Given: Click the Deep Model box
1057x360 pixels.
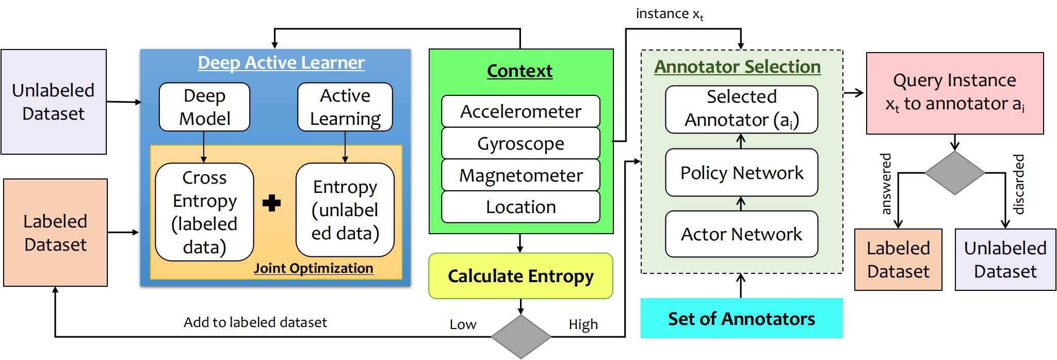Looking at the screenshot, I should [204, 107].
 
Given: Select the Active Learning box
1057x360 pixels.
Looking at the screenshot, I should [345, 107].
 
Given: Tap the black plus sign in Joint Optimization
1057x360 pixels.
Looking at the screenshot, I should [271, 203].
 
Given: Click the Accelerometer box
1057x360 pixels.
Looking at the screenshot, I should [521, 111].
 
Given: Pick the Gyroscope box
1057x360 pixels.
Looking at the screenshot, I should [521, 143].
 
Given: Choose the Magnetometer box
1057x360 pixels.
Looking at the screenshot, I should [521, 175].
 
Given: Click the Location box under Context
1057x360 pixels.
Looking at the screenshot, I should [521, 207].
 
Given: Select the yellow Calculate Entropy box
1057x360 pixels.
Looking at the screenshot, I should [521, 276].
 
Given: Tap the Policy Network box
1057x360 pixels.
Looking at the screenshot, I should [741, 173].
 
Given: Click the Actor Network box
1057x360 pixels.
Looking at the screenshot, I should [741, 234].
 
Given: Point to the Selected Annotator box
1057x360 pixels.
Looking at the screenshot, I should [741, 109].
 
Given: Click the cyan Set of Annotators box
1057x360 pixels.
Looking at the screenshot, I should [741, 318].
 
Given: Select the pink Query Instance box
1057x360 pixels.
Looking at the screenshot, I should [954, 93].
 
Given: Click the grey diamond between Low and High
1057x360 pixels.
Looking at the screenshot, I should [521, 336].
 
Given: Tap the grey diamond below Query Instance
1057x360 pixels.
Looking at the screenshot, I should [954, 173].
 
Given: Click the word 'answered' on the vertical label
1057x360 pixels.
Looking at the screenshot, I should [886, 184].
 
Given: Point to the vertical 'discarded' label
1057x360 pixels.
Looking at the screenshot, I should [1018, 184].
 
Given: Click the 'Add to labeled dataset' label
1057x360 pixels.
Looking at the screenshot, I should [255, 322].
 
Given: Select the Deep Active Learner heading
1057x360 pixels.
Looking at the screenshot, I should [281, 62].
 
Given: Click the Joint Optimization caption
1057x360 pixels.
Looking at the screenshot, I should [313, 268].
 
